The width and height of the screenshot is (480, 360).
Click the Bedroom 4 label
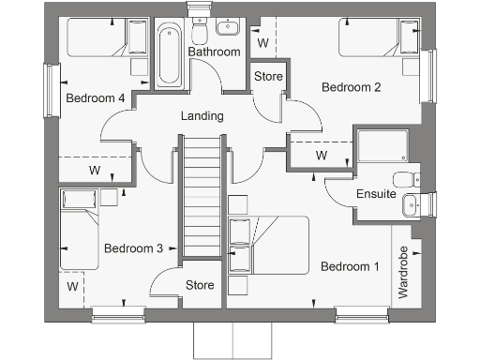click(x=95, y=97)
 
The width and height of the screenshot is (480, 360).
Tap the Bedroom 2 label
click(x=351, y=87)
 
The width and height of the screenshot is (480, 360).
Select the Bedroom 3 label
click(x=133, y=248)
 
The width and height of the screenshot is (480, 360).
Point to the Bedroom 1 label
click(x=350, y=266)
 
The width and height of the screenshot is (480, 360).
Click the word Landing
click(x=202, y=116)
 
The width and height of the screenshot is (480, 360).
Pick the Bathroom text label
click(x=214, y=52)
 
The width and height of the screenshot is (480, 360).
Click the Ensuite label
click(x=376, y=195)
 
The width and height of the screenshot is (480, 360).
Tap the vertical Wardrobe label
click(x=403, y=272)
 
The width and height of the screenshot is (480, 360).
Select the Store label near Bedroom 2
click(x=268, y=76)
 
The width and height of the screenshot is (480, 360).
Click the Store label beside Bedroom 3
click(x=199, y=285)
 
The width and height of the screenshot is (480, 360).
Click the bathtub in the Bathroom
click(x=169, y=54)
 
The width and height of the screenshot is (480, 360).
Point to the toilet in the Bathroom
click(x=199, y=34)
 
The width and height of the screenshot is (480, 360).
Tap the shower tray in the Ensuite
click(x=382, y=150)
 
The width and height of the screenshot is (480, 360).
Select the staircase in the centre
click(x=200, y=197)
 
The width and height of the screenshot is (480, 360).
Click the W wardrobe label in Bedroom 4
click(x=95, y=171)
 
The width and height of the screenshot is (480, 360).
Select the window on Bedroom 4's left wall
click(x=48, y=90)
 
